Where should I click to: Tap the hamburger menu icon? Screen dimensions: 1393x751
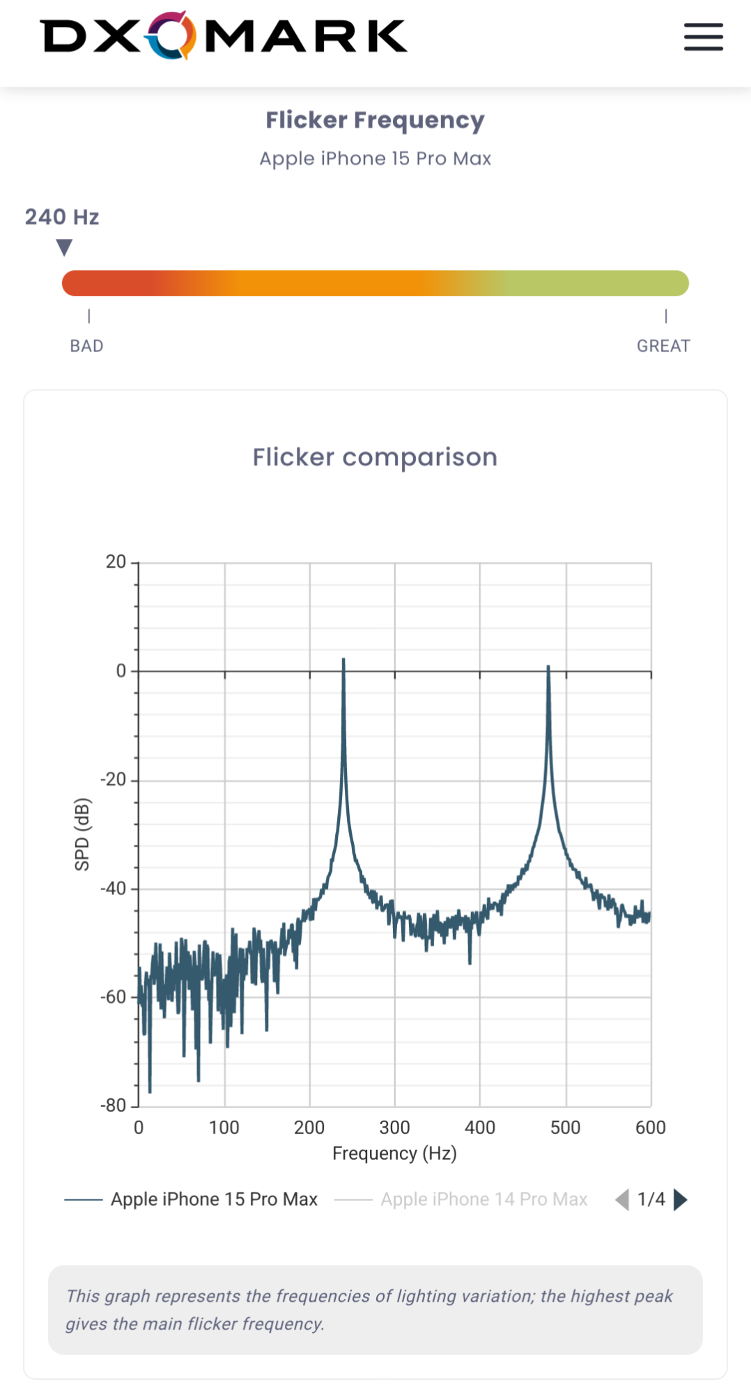(x=703, y=37)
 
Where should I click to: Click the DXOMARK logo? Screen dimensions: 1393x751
(x=224, y=36)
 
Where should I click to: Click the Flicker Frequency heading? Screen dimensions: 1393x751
(x=375, y=120)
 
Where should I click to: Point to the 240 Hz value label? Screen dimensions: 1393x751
(x=62, y=217)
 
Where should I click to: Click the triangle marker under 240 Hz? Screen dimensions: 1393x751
(x=64, y=247)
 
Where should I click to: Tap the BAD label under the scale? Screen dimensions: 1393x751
(x=86, y=346)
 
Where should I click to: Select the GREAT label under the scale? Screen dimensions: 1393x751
(x=663, y=346)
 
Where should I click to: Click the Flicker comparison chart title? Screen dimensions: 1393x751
(x=375, y=458)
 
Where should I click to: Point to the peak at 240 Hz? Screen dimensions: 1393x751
(x=343, y=660)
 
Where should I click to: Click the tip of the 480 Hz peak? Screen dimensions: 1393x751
(x=548, y=667)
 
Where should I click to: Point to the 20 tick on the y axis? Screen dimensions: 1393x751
(x=116, y=562)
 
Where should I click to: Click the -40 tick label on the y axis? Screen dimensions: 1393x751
(x=113, y=889)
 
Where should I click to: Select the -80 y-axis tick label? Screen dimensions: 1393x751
(x=113, y=1105)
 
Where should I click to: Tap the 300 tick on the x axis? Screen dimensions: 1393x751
(x=394, y=1128)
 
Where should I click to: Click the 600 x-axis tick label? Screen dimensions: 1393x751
(x=650, y=1128)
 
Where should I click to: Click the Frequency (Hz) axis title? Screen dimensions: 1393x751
(x=394, y=1153)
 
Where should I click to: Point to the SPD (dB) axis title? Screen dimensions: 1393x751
(x=82, y=834)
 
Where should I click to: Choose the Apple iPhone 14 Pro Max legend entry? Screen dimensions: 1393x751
(x=483, y=1199)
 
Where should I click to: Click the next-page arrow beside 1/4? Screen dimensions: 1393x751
(x=681, y=1199)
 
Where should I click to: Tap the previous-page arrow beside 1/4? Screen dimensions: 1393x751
(x=622, y=1199)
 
